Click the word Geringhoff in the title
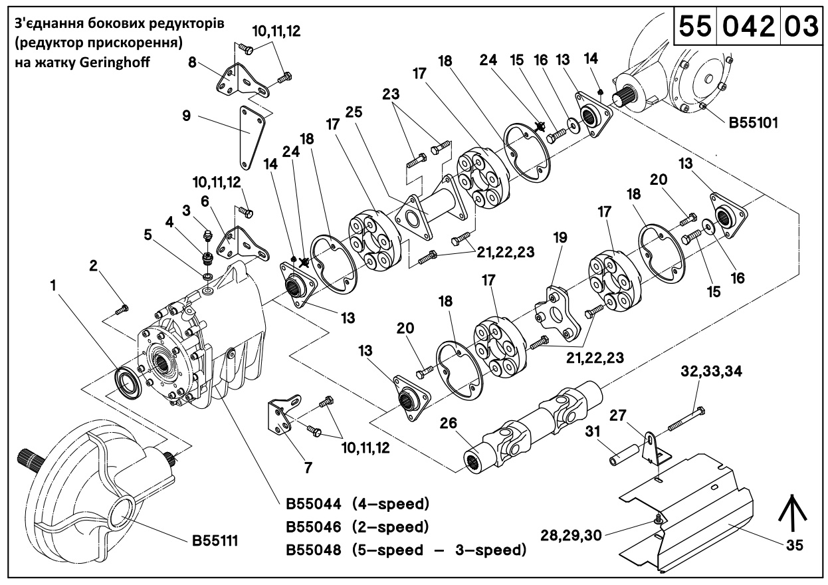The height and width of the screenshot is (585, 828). pos(122,64)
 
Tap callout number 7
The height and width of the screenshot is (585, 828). pos(308,467)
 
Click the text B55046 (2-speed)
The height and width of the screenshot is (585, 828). pos(358,526)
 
